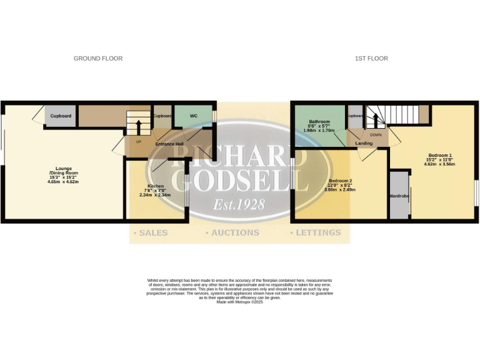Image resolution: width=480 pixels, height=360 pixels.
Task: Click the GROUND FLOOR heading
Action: tap(98, 59)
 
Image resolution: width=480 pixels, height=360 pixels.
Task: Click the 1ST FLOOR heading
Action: tap(371, 59)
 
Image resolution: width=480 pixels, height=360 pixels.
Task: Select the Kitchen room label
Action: tap(156, 187)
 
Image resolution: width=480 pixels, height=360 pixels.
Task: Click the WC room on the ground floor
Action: tap(194, 116)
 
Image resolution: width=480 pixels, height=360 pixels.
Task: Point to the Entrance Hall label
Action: tap(169, 144)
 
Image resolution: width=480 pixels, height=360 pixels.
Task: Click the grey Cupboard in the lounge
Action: tap(61, 116)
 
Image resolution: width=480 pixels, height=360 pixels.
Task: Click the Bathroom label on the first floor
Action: tap(319, 122)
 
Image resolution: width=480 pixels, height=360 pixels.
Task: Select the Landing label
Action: tap(364, 144)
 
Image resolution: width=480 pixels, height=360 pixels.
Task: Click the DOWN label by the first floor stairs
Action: tap(376, 134)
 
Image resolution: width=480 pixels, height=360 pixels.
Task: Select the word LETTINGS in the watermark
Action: tap(318, 233)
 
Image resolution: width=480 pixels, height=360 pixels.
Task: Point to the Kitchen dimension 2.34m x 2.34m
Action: tap(156, 195)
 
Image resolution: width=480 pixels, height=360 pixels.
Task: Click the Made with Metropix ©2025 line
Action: tap(240, 302)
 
